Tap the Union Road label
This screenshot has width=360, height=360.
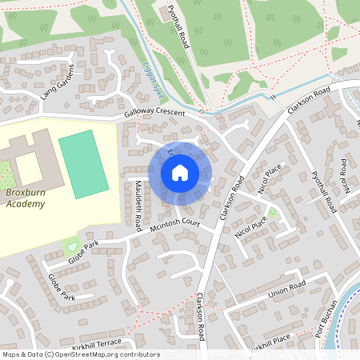(x=287, y=286)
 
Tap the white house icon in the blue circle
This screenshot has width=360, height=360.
(x=180, y=173)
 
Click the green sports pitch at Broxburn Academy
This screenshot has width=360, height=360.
(x=83, y=164)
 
